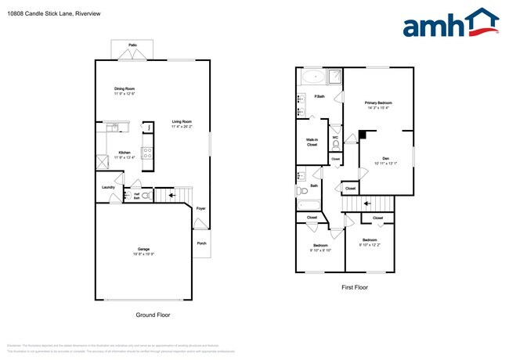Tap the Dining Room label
(x=125, y=89)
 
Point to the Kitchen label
(x=124, y=153)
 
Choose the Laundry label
(x=109, y=187)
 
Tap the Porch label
(x=201, y=243)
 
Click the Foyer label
(x=201, y=208)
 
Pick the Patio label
(x=133, y=46)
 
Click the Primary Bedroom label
(x=378, y=103)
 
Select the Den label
(x=386, y=160)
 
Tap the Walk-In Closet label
(x=312, y=142)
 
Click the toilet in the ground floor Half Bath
(x=146, y=196)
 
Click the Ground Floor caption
(x=153, y=315)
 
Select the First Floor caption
(x=355, y=287)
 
